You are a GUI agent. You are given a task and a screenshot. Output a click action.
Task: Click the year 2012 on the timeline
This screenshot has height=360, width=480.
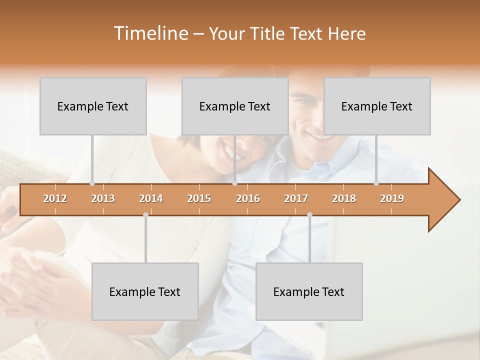[55, 198]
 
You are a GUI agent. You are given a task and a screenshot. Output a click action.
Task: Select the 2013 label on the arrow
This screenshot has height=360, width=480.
[103, 198]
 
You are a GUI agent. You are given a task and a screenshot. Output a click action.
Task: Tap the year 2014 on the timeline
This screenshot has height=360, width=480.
[151, 198]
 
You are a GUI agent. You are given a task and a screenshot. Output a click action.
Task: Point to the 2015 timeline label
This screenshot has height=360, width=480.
[199, 198]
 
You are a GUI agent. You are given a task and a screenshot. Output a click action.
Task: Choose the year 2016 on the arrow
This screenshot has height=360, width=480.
[248, 198]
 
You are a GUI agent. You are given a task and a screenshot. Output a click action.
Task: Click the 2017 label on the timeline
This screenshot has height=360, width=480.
[296, 198]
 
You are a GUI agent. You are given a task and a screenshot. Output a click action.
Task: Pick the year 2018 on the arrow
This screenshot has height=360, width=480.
[344, 198]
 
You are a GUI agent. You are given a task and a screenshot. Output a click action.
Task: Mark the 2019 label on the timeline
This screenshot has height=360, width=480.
[392, 198]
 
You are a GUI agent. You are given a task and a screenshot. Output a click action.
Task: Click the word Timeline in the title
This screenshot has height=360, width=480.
[150, 33]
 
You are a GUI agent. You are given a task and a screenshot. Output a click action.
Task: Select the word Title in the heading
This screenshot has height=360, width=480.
[268, 33]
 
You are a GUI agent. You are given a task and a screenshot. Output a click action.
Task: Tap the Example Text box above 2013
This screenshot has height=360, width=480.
[93, 106]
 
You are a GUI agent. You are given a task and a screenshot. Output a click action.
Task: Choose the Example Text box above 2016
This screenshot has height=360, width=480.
[235, 106]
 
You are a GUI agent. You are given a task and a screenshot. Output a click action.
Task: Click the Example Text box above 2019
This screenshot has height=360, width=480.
[377, 106]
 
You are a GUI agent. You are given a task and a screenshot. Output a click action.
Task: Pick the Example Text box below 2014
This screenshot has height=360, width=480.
[145, 291]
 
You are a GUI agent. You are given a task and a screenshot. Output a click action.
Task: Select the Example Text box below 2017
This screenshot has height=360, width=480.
[309, 291]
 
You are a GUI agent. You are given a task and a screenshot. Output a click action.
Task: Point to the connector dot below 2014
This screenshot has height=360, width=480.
[145, 214]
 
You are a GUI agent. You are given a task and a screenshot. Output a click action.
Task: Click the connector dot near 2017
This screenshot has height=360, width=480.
[309, 214]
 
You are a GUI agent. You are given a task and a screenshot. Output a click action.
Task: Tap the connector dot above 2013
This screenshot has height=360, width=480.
[92, 183]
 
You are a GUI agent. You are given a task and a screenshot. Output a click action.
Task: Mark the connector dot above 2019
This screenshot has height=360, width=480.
[376, 183]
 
